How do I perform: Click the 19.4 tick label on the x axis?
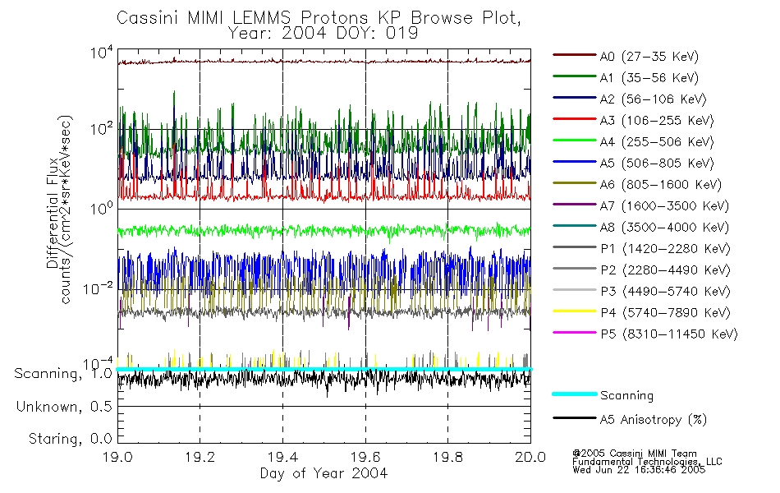282,458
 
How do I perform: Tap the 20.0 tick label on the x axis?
530,458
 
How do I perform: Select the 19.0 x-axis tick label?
118,458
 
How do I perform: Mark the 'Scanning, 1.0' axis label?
63,374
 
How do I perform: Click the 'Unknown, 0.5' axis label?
64,407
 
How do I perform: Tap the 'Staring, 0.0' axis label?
70,438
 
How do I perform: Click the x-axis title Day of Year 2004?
324,473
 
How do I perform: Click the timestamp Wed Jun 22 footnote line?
638,470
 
